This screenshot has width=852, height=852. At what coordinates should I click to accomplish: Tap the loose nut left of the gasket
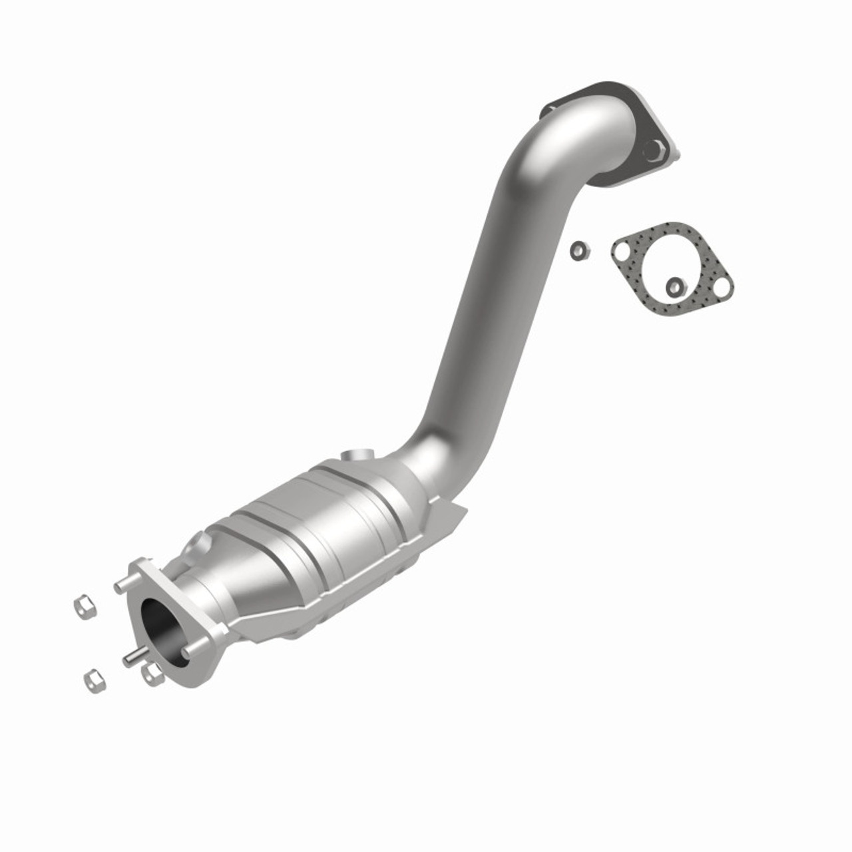[x=578, y=251]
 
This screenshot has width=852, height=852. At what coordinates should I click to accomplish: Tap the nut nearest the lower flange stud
[x=152, y=674]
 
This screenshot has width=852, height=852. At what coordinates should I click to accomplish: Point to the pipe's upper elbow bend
[x=566, y=140]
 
